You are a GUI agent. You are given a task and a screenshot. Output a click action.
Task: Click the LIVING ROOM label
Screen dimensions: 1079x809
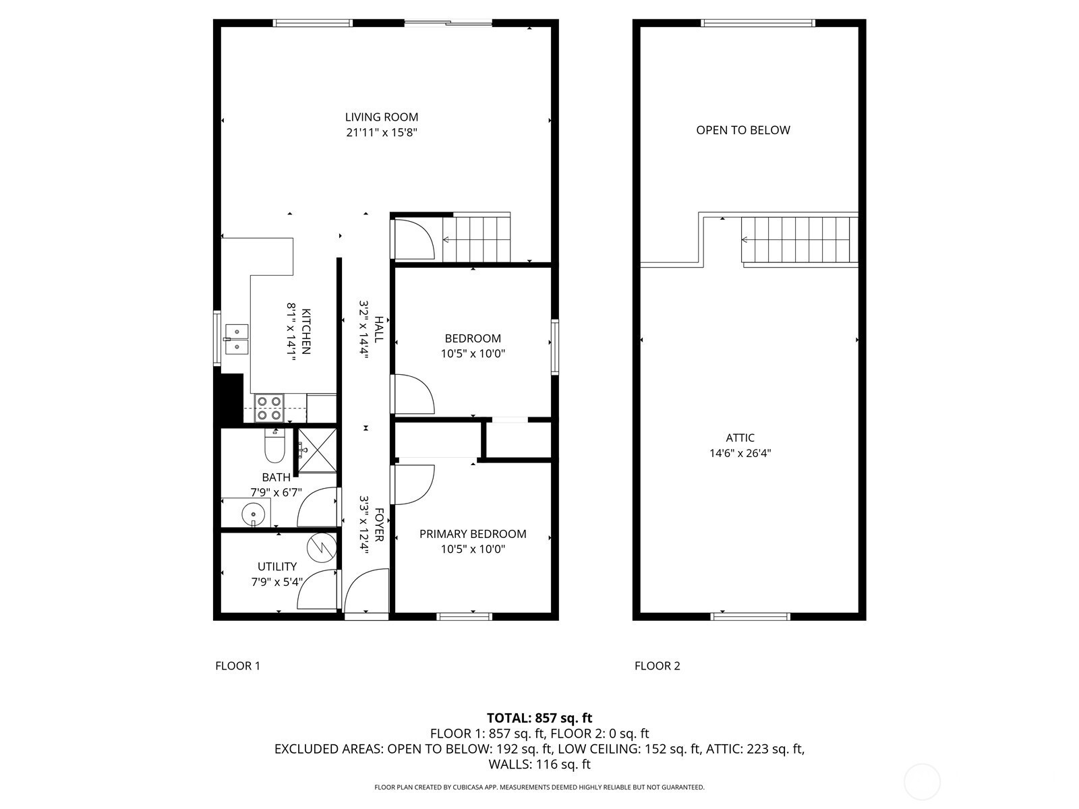tap(382, 117)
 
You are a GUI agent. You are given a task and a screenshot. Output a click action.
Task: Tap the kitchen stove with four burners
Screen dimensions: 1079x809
tap(269, 408)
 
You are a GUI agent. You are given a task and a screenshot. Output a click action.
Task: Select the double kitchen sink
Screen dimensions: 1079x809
tap(237, 339)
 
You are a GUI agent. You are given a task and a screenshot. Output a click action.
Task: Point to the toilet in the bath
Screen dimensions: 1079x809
tap(274, 446)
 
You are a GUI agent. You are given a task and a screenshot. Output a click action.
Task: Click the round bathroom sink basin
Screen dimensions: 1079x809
tap(254, 514)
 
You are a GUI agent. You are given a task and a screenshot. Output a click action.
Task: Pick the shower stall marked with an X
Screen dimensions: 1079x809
tap(318, 450)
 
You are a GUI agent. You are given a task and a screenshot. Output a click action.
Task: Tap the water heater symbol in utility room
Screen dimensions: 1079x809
tap(322, 547)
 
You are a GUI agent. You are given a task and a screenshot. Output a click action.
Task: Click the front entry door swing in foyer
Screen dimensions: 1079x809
tap(367, 591)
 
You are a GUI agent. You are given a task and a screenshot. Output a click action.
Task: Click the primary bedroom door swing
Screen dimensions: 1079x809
tap(413, 484)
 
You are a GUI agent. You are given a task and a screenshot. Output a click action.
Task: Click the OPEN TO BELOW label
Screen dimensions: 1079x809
tap(742, 130)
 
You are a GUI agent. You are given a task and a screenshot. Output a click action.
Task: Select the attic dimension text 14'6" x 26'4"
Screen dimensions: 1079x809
tap(740, 453)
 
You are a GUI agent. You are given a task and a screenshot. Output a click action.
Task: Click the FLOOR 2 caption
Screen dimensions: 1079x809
tap(658, 666)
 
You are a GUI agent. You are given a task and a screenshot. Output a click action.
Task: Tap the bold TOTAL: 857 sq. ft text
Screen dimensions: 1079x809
tap(539, 718)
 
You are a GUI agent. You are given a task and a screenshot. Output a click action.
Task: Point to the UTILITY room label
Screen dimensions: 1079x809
tap(276, 566)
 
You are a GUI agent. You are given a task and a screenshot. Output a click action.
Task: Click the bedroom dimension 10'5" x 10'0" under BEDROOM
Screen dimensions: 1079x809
tap(473, 354)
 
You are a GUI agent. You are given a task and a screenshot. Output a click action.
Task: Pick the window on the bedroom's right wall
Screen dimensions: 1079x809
tap(555, 347)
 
